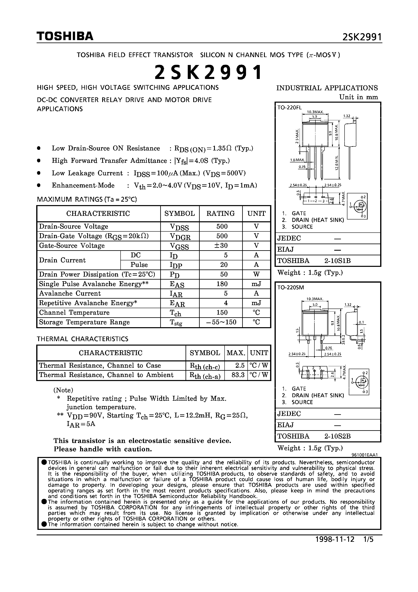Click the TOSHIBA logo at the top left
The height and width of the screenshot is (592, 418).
pyautogui.click(x=65, y=36)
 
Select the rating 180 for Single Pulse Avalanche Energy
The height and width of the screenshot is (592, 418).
pyautogui.click(x=222, y=284)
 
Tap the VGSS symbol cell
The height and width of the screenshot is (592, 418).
pyautogui.click(x=179, y=246)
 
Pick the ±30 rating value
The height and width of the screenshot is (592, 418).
pyautogui.click(x=221, y=245)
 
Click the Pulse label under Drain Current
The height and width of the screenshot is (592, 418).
pyautogui.click(x=139, y=265)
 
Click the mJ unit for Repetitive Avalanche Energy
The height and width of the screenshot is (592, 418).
pyautogui.click(x=256, y=303)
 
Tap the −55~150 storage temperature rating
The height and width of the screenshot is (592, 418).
pyautogui.click(x=221, y=322)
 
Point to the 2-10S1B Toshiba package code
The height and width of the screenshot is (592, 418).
pyautogui.click(x=337, y=261)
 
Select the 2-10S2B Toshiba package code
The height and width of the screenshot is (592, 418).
pyautogui.click(x=337, y=436)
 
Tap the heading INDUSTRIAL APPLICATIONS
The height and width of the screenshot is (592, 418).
pyautogui.click(x=327, y=88)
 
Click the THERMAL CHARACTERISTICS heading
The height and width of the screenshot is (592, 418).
pyautogui.click(x=83, y=339)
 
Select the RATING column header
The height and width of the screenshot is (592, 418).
pyautogui.click(x=220, y=213)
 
